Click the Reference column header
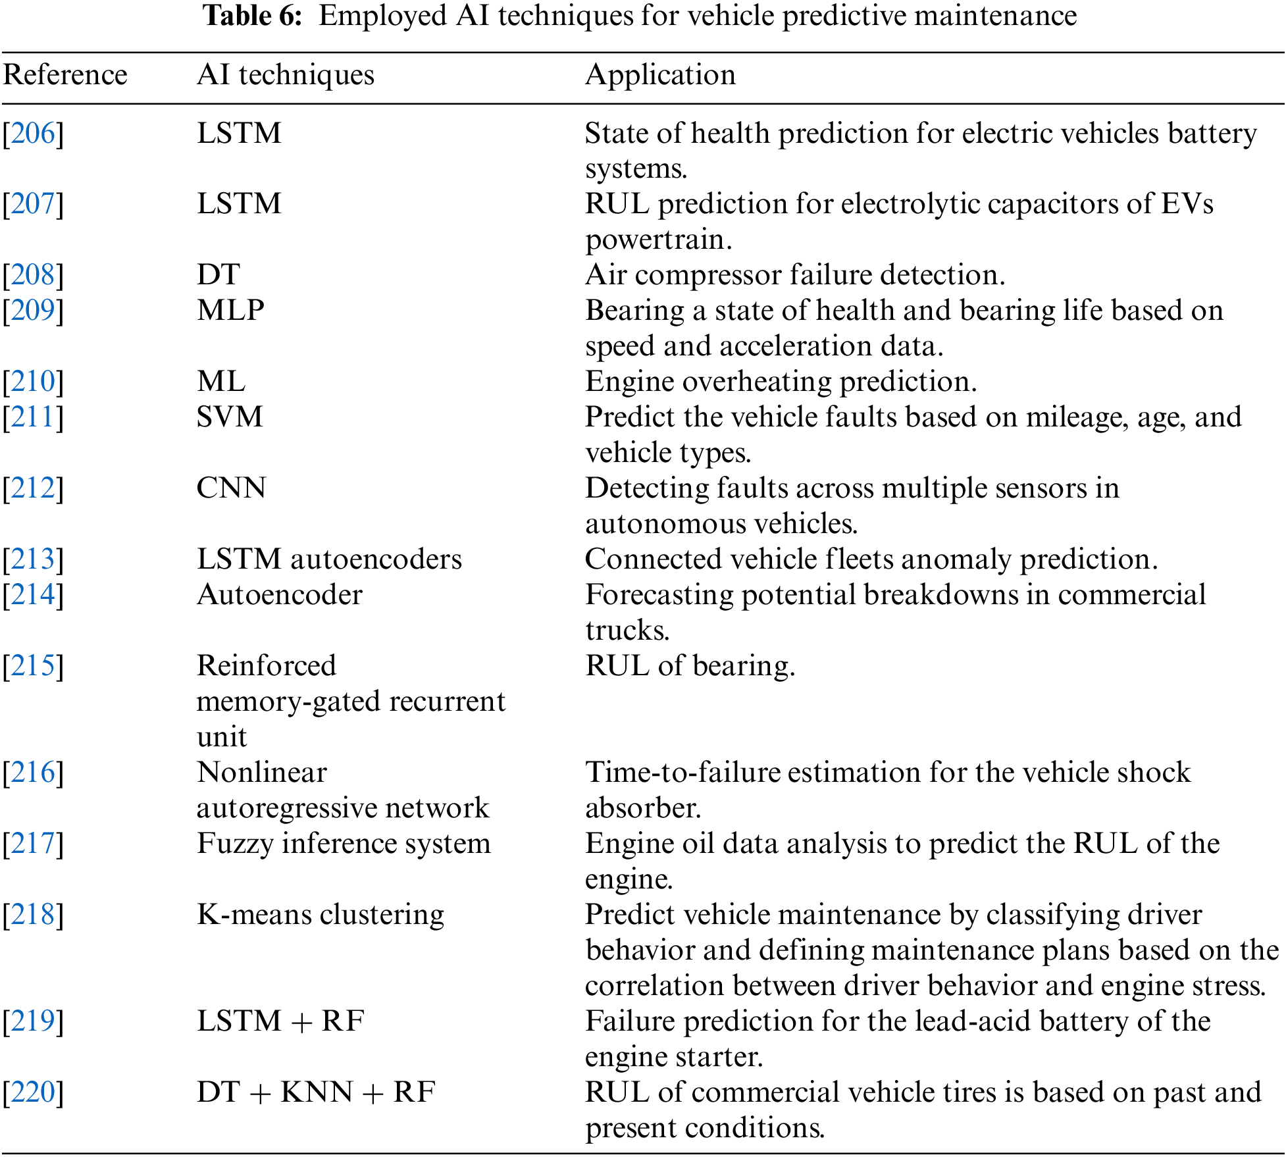click(x=65, y=75)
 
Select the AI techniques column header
click(x=286, y=75)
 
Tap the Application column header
click(x=660, y=75)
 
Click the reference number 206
click(x=33, y=134)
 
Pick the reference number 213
click(x=33, y=559)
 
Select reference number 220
click(x=33, y=1093)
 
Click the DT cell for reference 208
click(x=219, y=275)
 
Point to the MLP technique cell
click(x=230, y=311)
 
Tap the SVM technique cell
click(x=230, y=417)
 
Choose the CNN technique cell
click(x=231, y=488)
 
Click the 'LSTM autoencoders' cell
click(x=329, y=559)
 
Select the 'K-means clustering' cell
click(x=321, y=915)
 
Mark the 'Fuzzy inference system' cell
click(x=344, y=844)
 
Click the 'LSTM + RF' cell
click(x=280, y=1021)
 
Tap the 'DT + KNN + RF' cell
click(x=316, y=1093)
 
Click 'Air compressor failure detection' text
click(x=795, y=275)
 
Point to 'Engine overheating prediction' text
click(x=781, y=382)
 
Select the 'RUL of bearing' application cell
click(x=690, y=666)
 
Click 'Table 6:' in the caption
click(x=253, y=16)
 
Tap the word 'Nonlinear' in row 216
click(x=262, y=773)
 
